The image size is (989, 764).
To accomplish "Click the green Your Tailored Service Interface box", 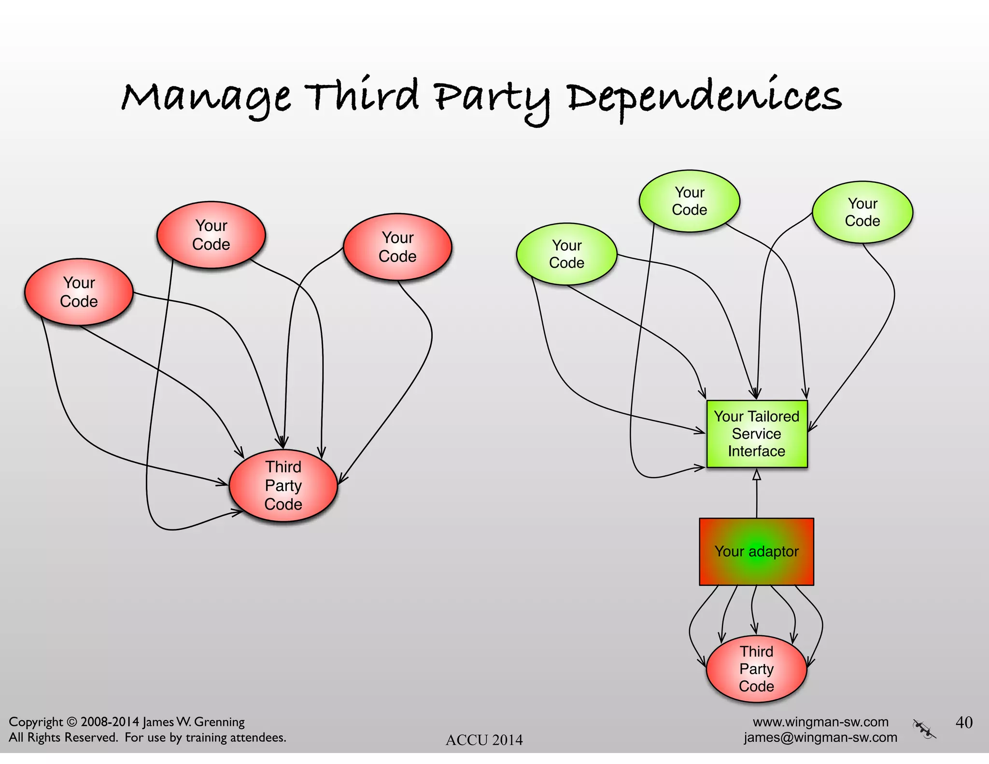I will click(756, 434).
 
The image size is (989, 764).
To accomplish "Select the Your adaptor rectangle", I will click(756, 552).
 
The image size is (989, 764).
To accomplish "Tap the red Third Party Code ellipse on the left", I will click(283, 486).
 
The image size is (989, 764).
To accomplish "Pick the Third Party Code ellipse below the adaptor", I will click(756, 669).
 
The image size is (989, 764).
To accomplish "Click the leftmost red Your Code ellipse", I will click(79, 292).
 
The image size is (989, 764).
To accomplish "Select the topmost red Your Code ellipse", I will click(211, 235).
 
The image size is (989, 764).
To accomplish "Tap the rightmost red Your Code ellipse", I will click(397, 247).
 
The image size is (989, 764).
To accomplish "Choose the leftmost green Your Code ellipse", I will click(566, 254).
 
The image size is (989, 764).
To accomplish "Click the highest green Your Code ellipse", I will click(689, 201).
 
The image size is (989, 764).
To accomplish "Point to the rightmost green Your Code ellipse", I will click(862, 212).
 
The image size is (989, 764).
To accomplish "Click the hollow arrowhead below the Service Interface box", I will click(757, 475).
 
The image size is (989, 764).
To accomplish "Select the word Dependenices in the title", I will click(704, 98).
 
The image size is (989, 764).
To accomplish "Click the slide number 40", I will click(964, 722).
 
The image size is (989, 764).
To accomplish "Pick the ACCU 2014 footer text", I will click(484, 740).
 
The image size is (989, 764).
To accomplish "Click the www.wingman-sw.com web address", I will click(820, 722).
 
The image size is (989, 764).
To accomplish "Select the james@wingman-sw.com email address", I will click(820, 737).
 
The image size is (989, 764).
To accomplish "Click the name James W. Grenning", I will click(194, 722).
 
